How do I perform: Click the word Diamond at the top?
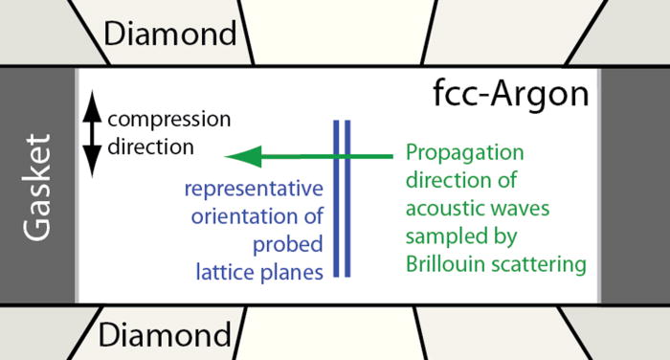tap(169, 34)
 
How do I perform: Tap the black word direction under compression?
tap(150, 147)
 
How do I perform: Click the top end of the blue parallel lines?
tap(342, 123)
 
